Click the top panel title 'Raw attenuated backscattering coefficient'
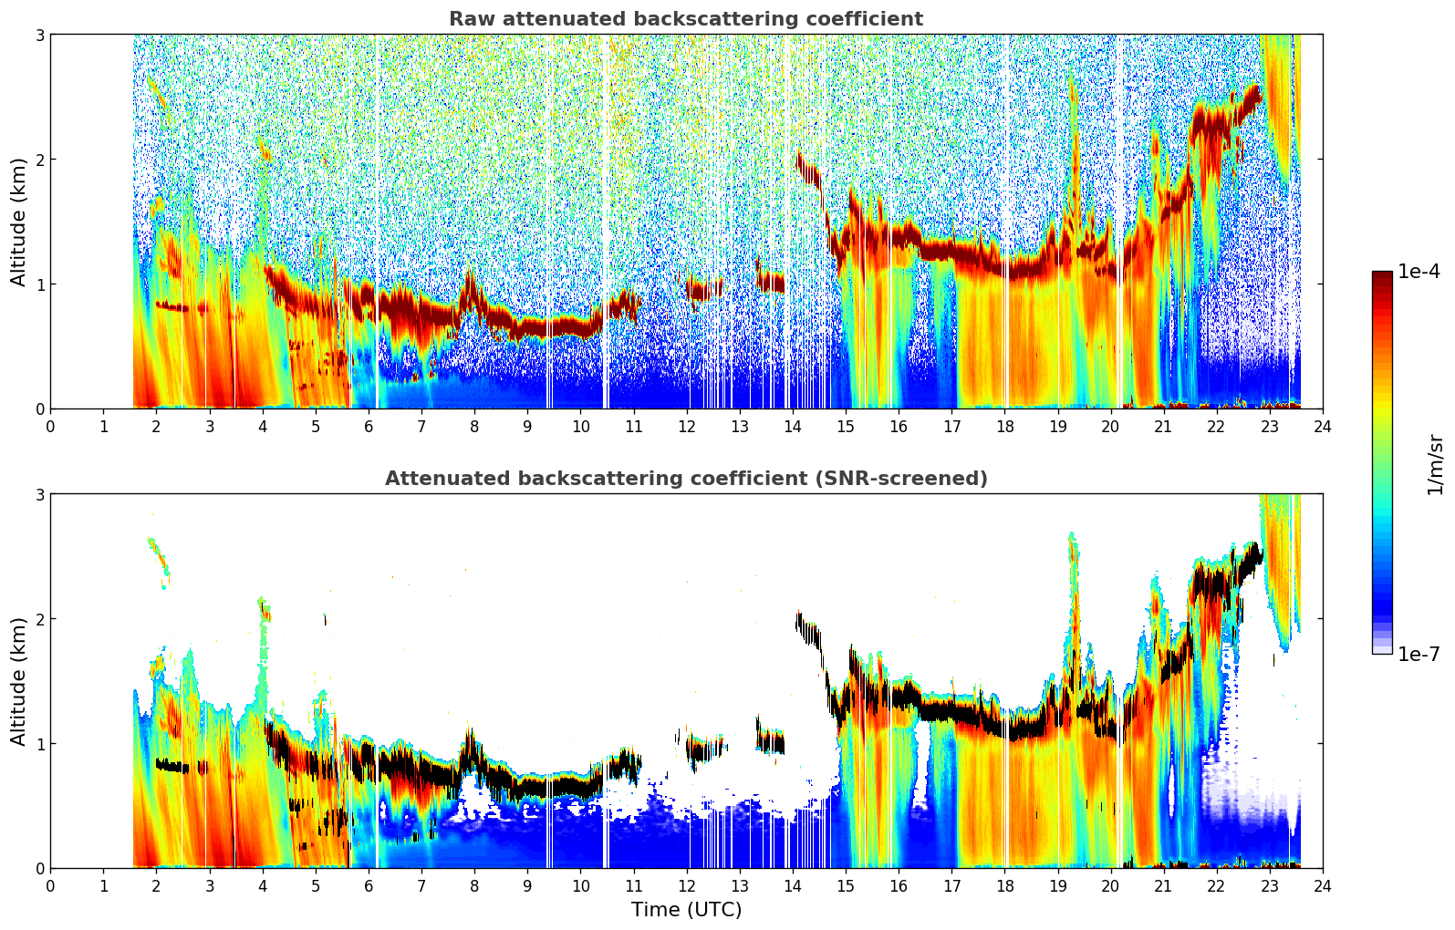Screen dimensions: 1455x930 pos(686,19)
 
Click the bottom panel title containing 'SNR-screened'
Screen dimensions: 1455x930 pos(686,478)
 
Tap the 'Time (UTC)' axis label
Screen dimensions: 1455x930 pos(686,909)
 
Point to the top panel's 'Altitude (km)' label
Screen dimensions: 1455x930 pos(18,222)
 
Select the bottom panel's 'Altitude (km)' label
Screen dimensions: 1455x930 pos(18,681)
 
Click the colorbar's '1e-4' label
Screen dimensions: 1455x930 pos(1419,271)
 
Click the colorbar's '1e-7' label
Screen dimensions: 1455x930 pos(1419,654)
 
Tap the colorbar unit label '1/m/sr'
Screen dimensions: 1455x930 pos(1435,465)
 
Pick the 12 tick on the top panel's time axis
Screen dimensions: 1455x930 pos(687,427)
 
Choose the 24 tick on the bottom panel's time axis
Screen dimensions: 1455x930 pos(1323,886)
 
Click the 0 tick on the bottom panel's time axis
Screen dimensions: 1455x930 pos(51,886)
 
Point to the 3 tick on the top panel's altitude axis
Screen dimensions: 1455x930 pos(39,35)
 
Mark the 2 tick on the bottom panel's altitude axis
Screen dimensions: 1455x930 pos(39,619)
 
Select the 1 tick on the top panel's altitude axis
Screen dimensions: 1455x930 pos(39,284)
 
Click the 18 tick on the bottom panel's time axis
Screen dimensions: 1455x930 pos(1005,886)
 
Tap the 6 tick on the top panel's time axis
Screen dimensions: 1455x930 pos(369,427)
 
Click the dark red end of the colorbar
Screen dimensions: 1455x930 pos(1382,275)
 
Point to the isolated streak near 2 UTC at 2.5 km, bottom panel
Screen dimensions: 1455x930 pos(159,563)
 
